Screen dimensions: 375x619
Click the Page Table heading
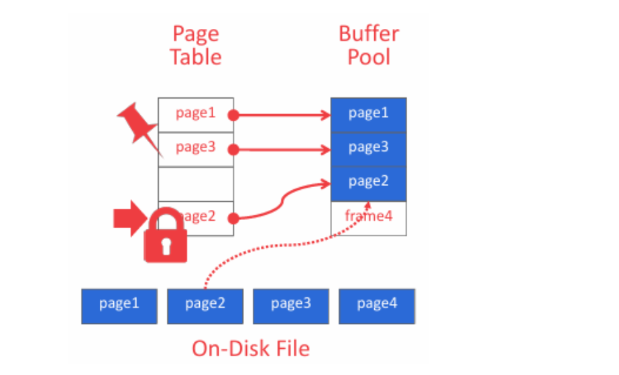[196, 45]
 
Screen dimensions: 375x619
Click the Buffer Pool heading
[368, 45]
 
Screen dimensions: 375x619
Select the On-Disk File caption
[251, 348]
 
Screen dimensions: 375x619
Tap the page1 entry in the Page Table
[195, 113]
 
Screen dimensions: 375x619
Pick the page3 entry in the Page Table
[195, 148]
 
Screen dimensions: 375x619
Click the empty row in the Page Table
[196, 184]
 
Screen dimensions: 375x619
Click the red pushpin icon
[139, 125]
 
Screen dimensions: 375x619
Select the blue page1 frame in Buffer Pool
[368, 114]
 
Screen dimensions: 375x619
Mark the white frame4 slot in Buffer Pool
[368, 217]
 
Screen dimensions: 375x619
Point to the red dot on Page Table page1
[233, 115]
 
